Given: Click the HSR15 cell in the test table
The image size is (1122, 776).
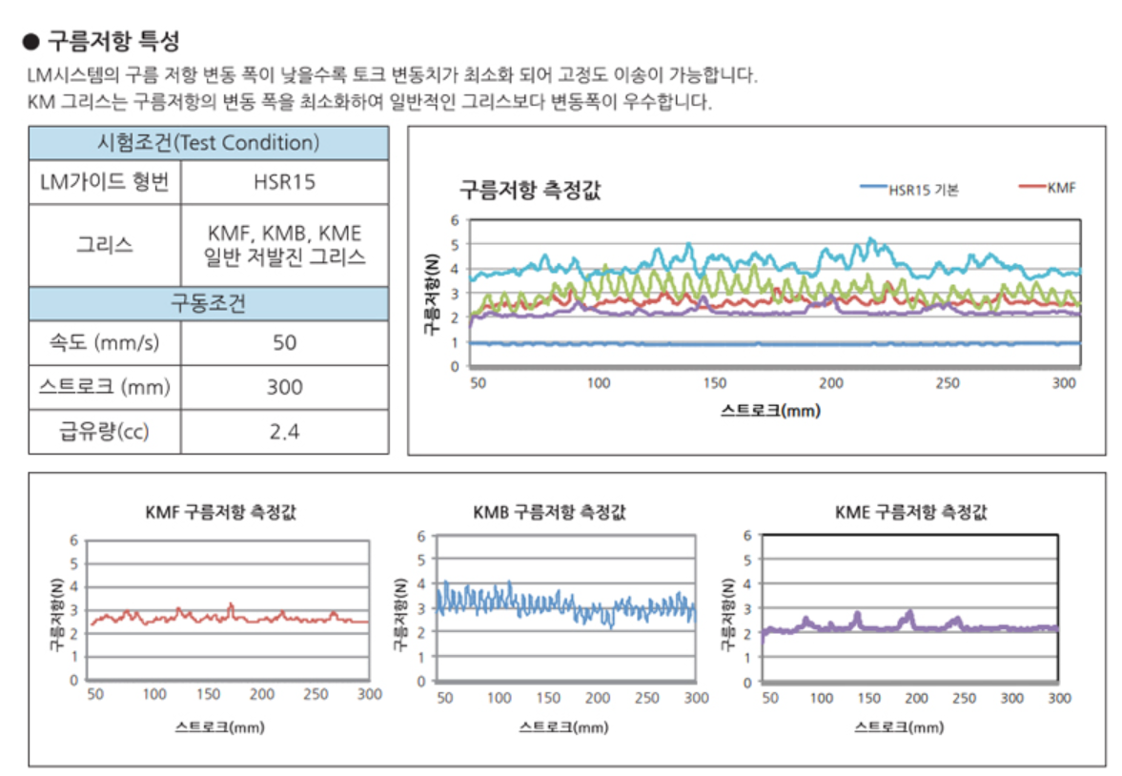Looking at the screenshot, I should click(284, 181).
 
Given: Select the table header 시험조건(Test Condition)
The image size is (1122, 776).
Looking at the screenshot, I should click(208, 143).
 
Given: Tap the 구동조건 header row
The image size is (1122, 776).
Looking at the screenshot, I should click(208, 303).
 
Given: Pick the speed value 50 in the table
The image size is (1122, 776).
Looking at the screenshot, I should click(284, 342).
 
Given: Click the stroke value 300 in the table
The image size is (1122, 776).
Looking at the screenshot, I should click(284, 387).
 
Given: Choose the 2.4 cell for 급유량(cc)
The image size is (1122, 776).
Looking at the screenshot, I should click(284, 432).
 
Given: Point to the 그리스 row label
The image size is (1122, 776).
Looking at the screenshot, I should click(104, 245).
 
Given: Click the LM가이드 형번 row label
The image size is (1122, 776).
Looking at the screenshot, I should click(104, 181).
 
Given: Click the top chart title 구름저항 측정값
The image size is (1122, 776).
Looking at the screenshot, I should click(530, 189).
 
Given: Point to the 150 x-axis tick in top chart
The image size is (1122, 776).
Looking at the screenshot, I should click(715, 383).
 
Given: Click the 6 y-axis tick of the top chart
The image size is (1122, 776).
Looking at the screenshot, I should click(455, 220).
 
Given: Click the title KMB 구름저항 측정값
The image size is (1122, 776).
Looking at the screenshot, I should click(548, 512).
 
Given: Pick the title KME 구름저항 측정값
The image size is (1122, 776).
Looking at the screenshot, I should click(910, 512).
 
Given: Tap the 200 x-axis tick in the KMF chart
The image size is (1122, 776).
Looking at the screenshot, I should click(260, 694).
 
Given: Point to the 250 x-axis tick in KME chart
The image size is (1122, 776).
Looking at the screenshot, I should click(964, 698).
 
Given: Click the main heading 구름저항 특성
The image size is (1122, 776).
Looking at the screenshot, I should click(112, 42).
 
